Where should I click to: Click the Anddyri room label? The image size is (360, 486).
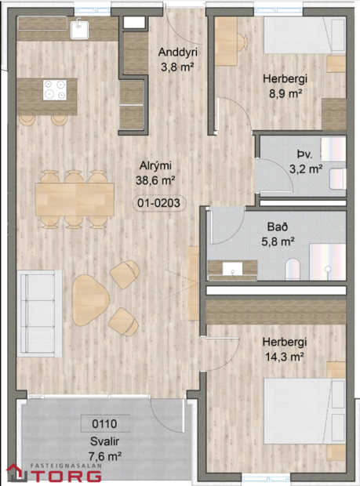(176, 53)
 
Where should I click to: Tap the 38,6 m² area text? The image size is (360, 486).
(155, 180)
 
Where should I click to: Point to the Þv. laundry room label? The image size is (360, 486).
(304, 154)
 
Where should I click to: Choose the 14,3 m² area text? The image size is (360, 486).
(284, 357)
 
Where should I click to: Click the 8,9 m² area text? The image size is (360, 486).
(285, 93)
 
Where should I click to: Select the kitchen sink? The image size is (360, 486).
(80, 30)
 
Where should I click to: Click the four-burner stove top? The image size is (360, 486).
(54, 90)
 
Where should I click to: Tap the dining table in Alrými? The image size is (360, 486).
(75, 198)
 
